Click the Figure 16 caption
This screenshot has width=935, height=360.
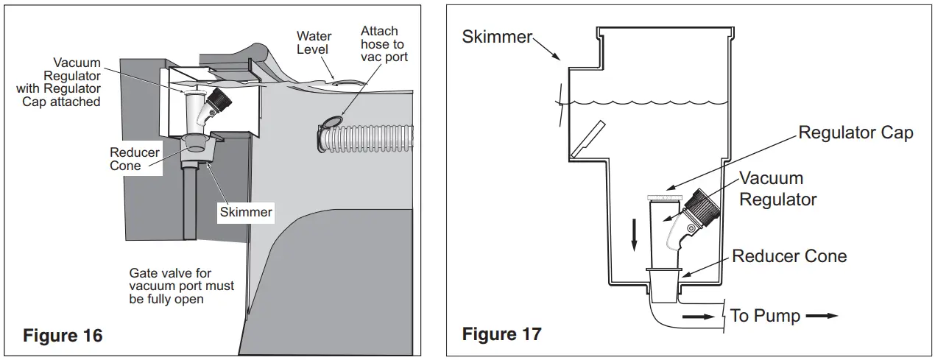(x=63, y=336)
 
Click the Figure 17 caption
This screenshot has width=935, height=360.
(x=501, y=333)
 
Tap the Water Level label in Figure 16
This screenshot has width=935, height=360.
(x=314, y=43)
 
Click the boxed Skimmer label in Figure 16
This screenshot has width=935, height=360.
(x=245, y=212)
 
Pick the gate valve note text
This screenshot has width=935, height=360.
(x=181, y=286)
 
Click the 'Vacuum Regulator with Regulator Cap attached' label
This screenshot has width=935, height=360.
(x=71, y=82)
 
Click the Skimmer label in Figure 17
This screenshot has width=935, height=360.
(x=496, y=37)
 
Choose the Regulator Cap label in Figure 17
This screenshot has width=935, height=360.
(x=855, y=133)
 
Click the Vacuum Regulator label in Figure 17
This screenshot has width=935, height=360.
(x=777, y=188)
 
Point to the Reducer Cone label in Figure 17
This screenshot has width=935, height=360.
(x=788, y=256)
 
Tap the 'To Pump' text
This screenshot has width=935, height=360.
(x=765, y=316)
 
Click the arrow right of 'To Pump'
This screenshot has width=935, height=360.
(x=822, y=316)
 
